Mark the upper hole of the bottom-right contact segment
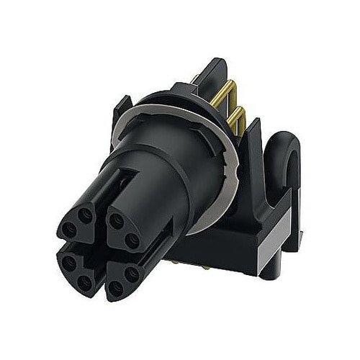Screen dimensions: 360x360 tap(132, 274)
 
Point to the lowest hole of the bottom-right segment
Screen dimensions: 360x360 tap(115, 289)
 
